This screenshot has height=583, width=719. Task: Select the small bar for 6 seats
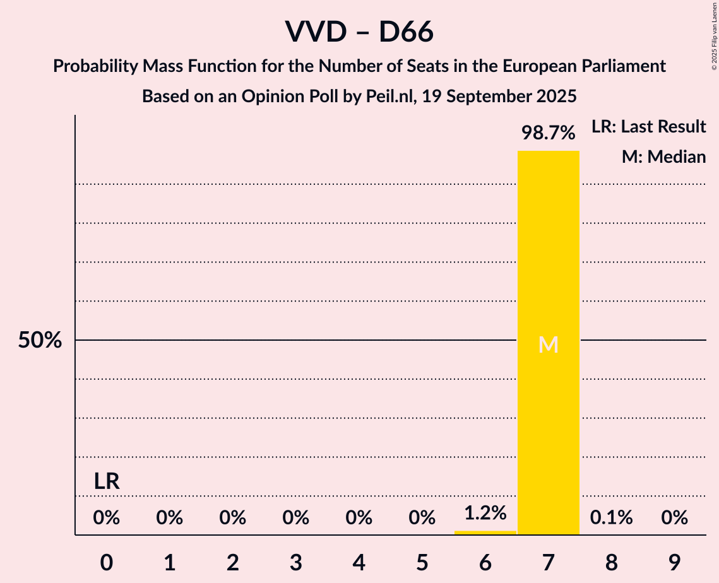coord(485,533)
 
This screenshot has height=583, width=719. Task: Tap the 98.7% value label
coord(548,133)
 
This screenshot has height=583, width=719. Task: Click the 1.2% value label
coord(485,514)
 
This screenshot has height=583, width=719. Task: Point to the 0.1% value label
coord(611,518)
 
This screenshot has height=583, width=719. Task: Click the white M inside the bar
coord(548,344)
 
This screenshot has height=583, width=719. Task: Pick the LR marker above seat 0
coord(107,481)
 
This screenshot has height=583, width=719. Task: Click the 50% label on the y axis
coord(40,341)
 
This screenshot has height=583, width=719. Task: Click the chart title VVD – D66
coord(359,32)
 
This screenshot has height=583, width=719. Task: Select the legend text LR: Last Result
coord(648,127)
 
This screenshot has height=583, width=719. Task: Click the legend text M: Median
coord(663,156)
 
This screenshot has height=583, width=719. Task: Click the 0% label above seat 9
coord(674,518)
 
